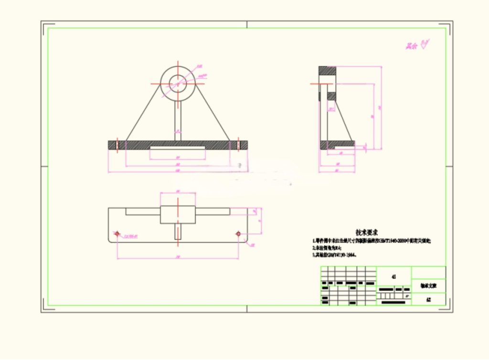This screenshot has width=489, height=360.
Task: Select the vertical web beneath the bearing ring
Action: coord(178,119)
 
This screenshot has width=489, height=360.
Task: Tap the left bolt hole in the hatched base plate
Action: coord(117,145)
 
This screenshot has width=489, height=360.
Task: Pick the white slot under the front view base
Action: coord(178,148)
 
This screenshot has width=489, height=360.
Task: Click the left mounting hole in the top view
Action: coord(117,233)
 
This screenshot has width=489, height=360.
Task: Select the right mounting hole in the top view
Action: coord(238,233)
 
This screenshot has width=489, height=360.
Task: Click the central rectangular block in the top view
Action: coord(178,214)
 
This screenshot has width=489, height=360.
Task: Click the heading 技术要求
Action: coord(367,233)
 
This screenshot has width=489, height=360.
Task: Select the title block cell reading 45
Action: coord(393,276)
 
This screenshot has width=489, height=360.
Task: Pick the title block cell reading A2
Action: coord(428,300)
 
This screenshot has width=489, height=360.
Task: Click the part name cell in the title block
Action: coord(428,286)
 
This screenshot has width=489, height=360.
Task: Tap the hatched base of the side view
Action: coord(337,144)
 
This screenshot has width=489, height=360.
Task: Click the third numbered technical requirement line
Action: coord(334,255)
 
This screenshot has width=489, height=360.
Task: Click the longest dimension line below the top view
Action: coord(178,258)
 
